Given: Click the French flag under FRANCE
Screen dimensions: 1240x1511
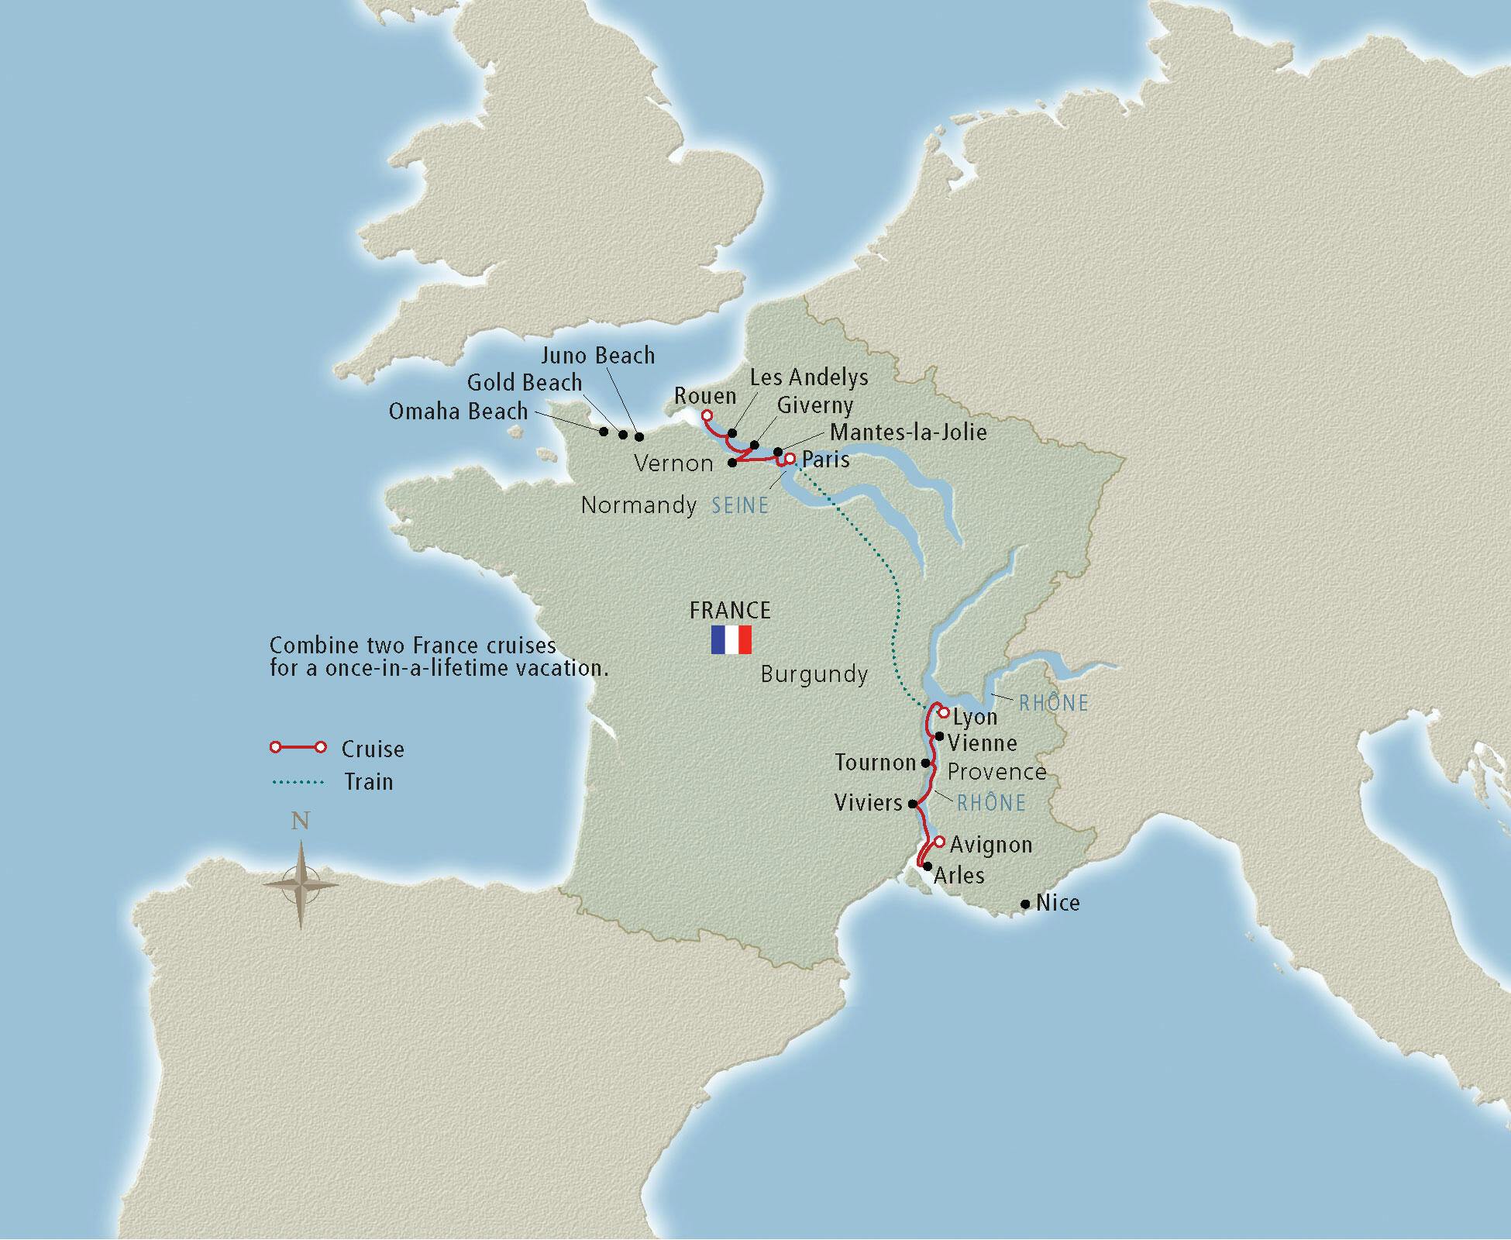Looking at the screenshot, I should click(x=731, y=640).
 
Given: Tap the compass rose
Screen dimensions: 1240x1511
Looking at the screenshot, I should click(x=301, y=884).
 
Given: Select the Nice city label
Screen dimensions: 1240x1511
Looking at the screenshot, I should click(x=1058, y=903).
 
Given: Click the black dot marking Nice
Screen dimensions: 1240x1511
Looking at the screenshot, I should click(x=1025, y=904).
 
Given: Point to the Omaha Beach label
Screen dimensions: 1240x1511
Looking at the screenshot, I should click(x=458, y=412).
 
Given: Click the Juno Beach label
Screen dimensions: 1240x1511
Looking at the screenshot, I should click(x=597, y=356).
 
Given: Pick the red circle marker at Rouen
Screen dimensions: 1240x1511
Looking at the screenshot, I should click(x=707, y=415).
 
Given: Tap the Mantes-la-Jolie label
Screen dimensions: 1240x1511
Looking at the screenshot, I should click(x=908, y=432).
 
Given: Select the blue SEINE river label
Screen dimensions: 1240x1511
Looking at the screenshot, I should click(x=740, y=506).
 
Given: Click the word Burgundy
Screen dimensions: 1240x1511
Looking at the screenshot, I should click(x=814, y=674).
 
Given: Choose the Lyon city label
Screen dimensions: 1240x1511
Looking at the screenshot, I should click(x=975, y=717).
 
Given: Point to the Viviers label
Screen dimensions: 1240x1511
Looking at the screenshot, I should click(x=868, y=803).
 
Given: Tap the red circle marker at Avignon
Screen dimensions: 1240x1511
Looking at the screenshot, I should click(x=939, y=842).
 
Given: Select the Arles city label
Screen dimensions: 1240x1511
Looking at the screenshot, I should click(x=959, y=876).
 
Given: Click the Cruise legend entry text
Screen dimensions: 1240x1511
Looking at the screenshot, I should click(x=373, y=749).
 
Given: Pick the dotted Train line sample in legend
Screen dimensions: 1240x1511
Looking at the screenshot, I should click(x=298, y=782).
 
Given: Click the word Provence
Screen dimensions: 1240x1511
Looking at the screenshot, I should click(x=996, y=772).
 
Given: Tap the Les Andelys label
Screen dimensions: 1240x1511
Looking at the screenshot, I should click(x=809, y=377).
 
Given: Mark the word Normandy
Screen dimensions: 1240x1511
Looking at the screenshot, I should click(x=638, y=505).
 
